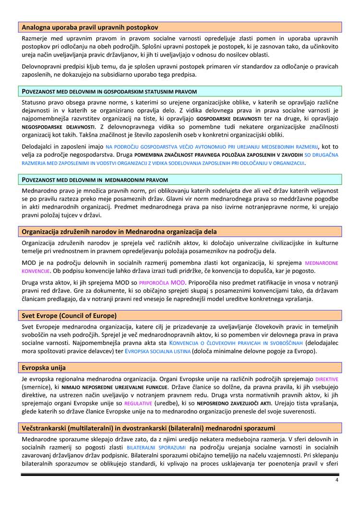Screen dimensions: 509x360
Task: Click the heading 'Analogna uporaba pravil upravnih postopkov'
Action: point(90,27)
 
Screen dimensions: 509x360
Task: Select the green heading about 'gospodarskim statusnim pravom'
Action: point(109,91)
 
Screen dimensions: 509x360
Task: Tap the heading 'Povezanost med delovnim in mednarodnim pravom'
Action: point(95,180)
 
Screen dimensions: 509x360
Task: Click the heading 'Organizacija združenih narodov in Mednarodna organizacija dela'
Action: point(119,232)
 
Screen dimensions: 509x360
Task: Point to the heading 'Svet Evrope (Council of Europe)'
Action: point(69,316)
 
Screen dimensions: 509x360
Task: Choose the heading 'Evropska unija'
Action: point(44,367)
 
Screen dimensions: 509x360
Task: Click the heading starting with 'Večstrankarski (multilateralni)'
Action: point(148,427)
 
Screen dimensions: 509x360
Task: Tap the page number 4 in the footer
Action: point(336,480)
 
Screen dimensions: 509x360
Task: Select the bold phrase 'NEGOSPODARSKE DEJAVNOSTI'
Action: point(58,127)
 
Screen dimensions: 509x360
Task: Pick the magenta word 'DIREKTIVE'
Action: point(326,379)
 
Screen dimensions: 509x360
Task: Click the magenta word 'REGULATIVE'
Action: point(138,404)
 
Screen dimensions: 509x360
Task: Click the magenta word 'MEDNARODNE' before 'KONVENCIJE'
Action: point(322,263)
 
